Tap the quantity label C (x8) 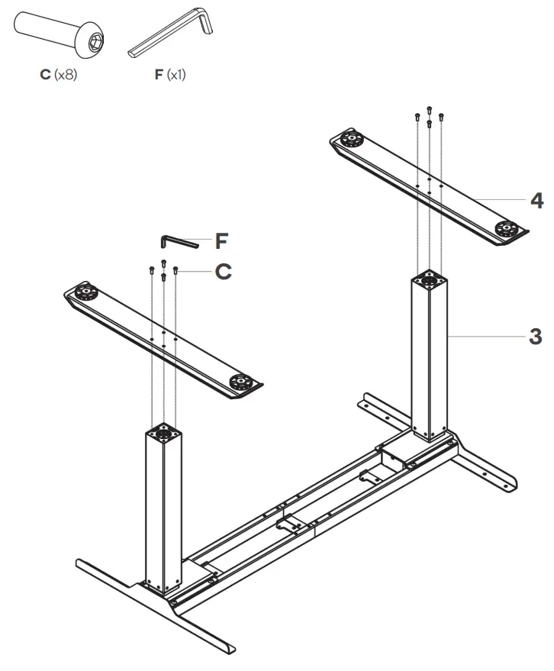pos(58,76)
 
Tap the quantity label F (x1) pos(170,76)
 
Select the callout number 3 pos(536,335)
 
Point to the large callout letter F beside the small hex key pos(221,241)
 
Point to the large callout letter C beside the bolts pos(223,271)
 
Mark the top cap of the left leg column pos(163,433)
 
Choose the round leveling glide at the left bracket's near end pos(243,381)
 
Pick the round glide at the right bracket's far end pos(350,140)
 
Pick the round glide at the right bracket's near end pos(507,227)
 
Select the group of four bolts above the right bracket pos(429,116)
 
